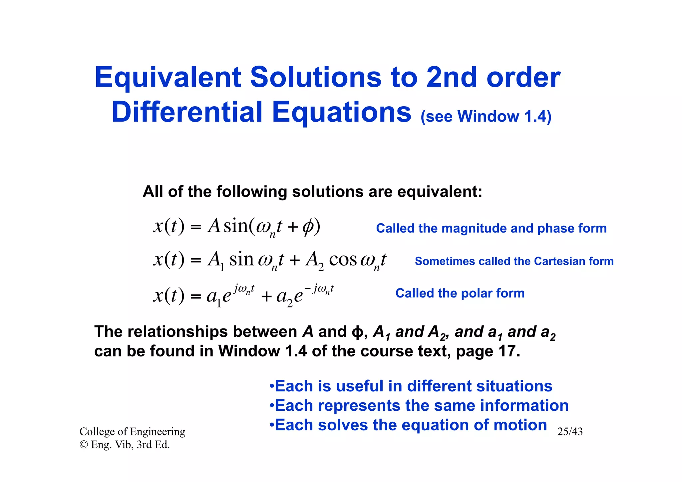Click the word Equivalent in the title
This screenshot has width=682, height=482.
coord(168,78)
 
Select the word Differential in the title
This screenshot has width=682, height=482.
coord(187,112)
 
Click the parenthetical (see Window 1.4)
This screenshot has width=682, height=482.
coord(486,117)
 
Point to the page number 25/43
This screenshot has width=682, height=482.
coord(570,432)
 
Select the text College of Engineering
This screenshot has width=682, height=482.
coord(132,432)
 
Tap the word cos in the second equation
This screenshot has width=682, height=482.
coord(343,260)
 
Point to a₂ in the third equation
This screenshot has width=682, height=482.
coord(284,297)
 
